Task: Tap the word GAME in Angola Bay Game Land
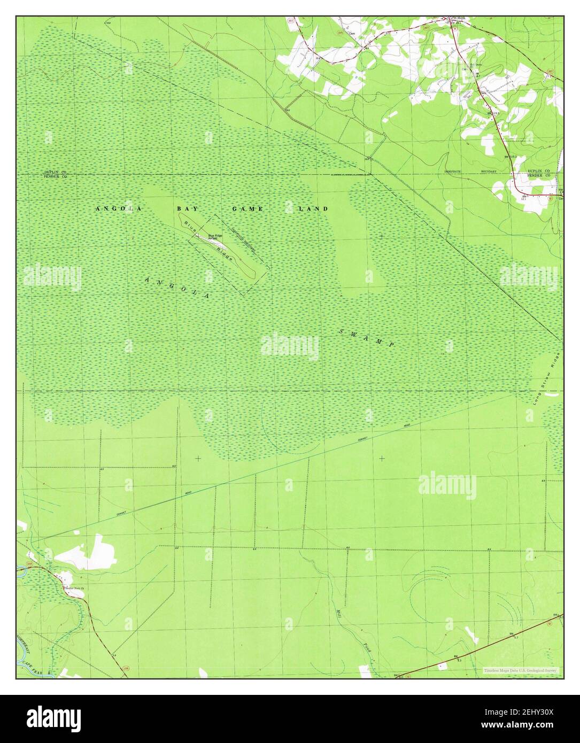pos(247,209)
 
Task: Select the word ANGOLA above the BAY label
pos(118,209)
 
